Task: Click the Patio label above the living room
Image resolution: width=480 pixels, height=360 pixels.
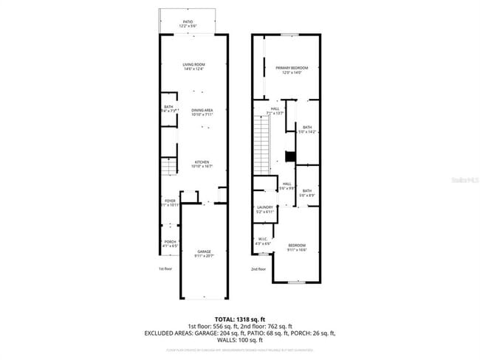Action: click(188, 24)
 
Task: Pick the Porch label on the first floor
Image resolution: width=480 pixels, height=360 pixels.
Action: click(169, 243)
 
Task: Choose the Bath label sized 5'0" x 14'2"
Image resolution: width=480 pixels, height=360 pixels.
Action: click(307, 129)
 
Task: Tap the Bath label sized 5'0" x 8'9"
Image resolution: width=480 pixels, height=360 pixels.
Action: click(307, 193)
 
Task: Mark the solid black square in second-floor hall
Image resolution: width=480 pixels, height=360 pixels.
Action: click(290, 156)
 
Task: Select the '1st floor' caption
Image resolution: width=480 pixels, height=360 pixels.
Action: click(165, 269)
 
